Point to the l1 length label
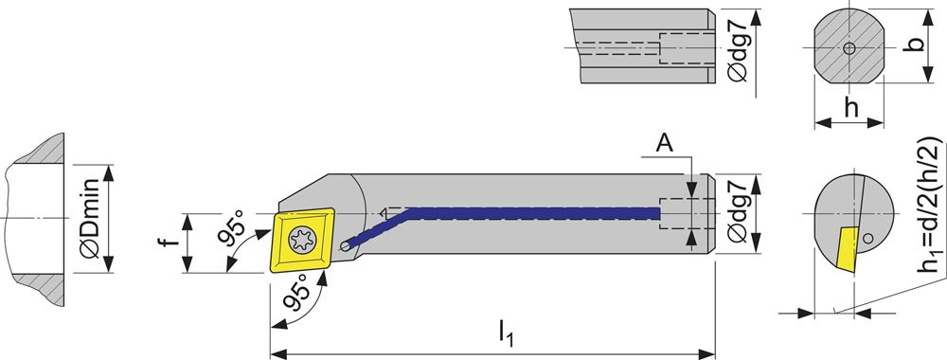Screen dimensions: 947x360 point(506,334)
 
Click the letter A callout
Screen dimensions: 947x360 point(664,144)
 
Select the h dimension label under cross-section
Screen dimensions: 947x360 point(850,109)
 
